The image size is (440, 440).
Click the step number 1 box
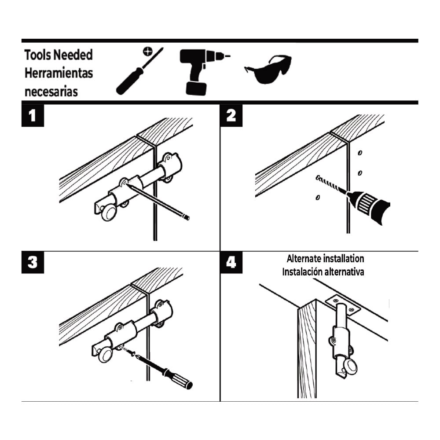pyautogui.click(x=33, y=115)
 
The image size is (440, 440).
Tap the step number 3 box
pyautogui.click(x=33, y=262)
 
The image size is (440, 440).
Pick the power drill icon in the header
pyautogui.click(x=200, y=71)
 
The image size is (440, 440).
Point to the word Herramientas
pyautogui.click(x=59, y=73)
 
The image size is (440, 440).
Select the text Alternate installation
pyautogui.click(x=325, y=259)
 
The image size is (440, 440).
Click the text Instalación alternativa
pyautogui.click(x=323, y=271)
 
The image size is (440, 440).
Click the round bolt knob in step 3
pyautogui.click(x=105, y=355)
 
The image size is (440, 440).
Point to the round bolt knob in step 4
pyautogui.click(x=351, y=367)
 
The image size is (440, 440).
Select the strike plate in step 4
pyautogui.click(x=343, y=304)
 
